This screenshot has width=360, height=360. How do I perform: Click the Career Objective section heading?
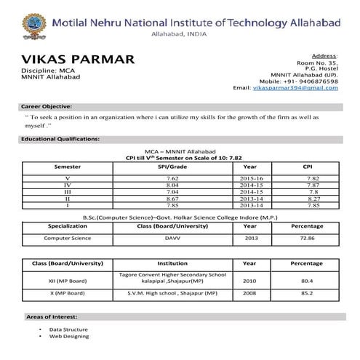point(47,106)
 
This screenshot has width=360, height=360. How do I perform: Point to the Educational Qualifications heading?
point(60,138)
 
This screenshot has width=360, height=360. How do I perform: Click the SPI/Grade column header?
point(172,167)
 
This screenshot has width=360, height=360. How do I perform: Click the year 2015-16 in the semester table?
point(250,178)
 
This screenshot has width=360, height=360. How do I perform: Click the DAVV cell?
point(172,237)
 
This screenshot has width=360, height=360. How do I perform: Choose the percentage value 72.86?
point(307,237)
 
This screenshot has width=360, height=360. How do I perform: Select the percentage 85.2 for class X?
point(307,293)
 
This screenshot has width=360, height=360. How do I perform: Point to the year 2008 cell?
point(249,293)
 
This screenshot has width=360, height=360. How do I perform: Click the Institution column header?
point(172,263)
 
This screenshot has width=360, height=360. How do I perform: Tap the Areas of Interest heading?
point(52,317)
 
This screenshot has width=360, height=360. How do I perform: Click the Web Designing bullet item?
point(69,336)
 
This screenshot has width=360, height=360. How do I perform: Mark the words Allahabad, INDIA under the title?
point(179,34)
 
